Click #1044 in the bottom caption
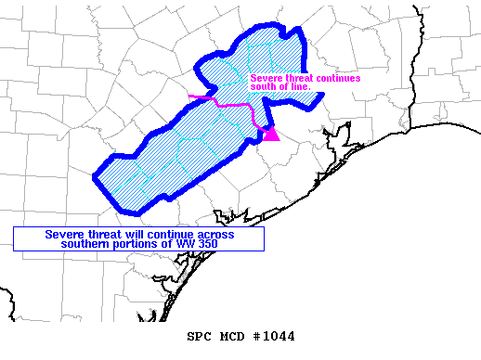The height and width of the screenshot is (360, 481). pyautogui.click(x=271, y=336)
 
